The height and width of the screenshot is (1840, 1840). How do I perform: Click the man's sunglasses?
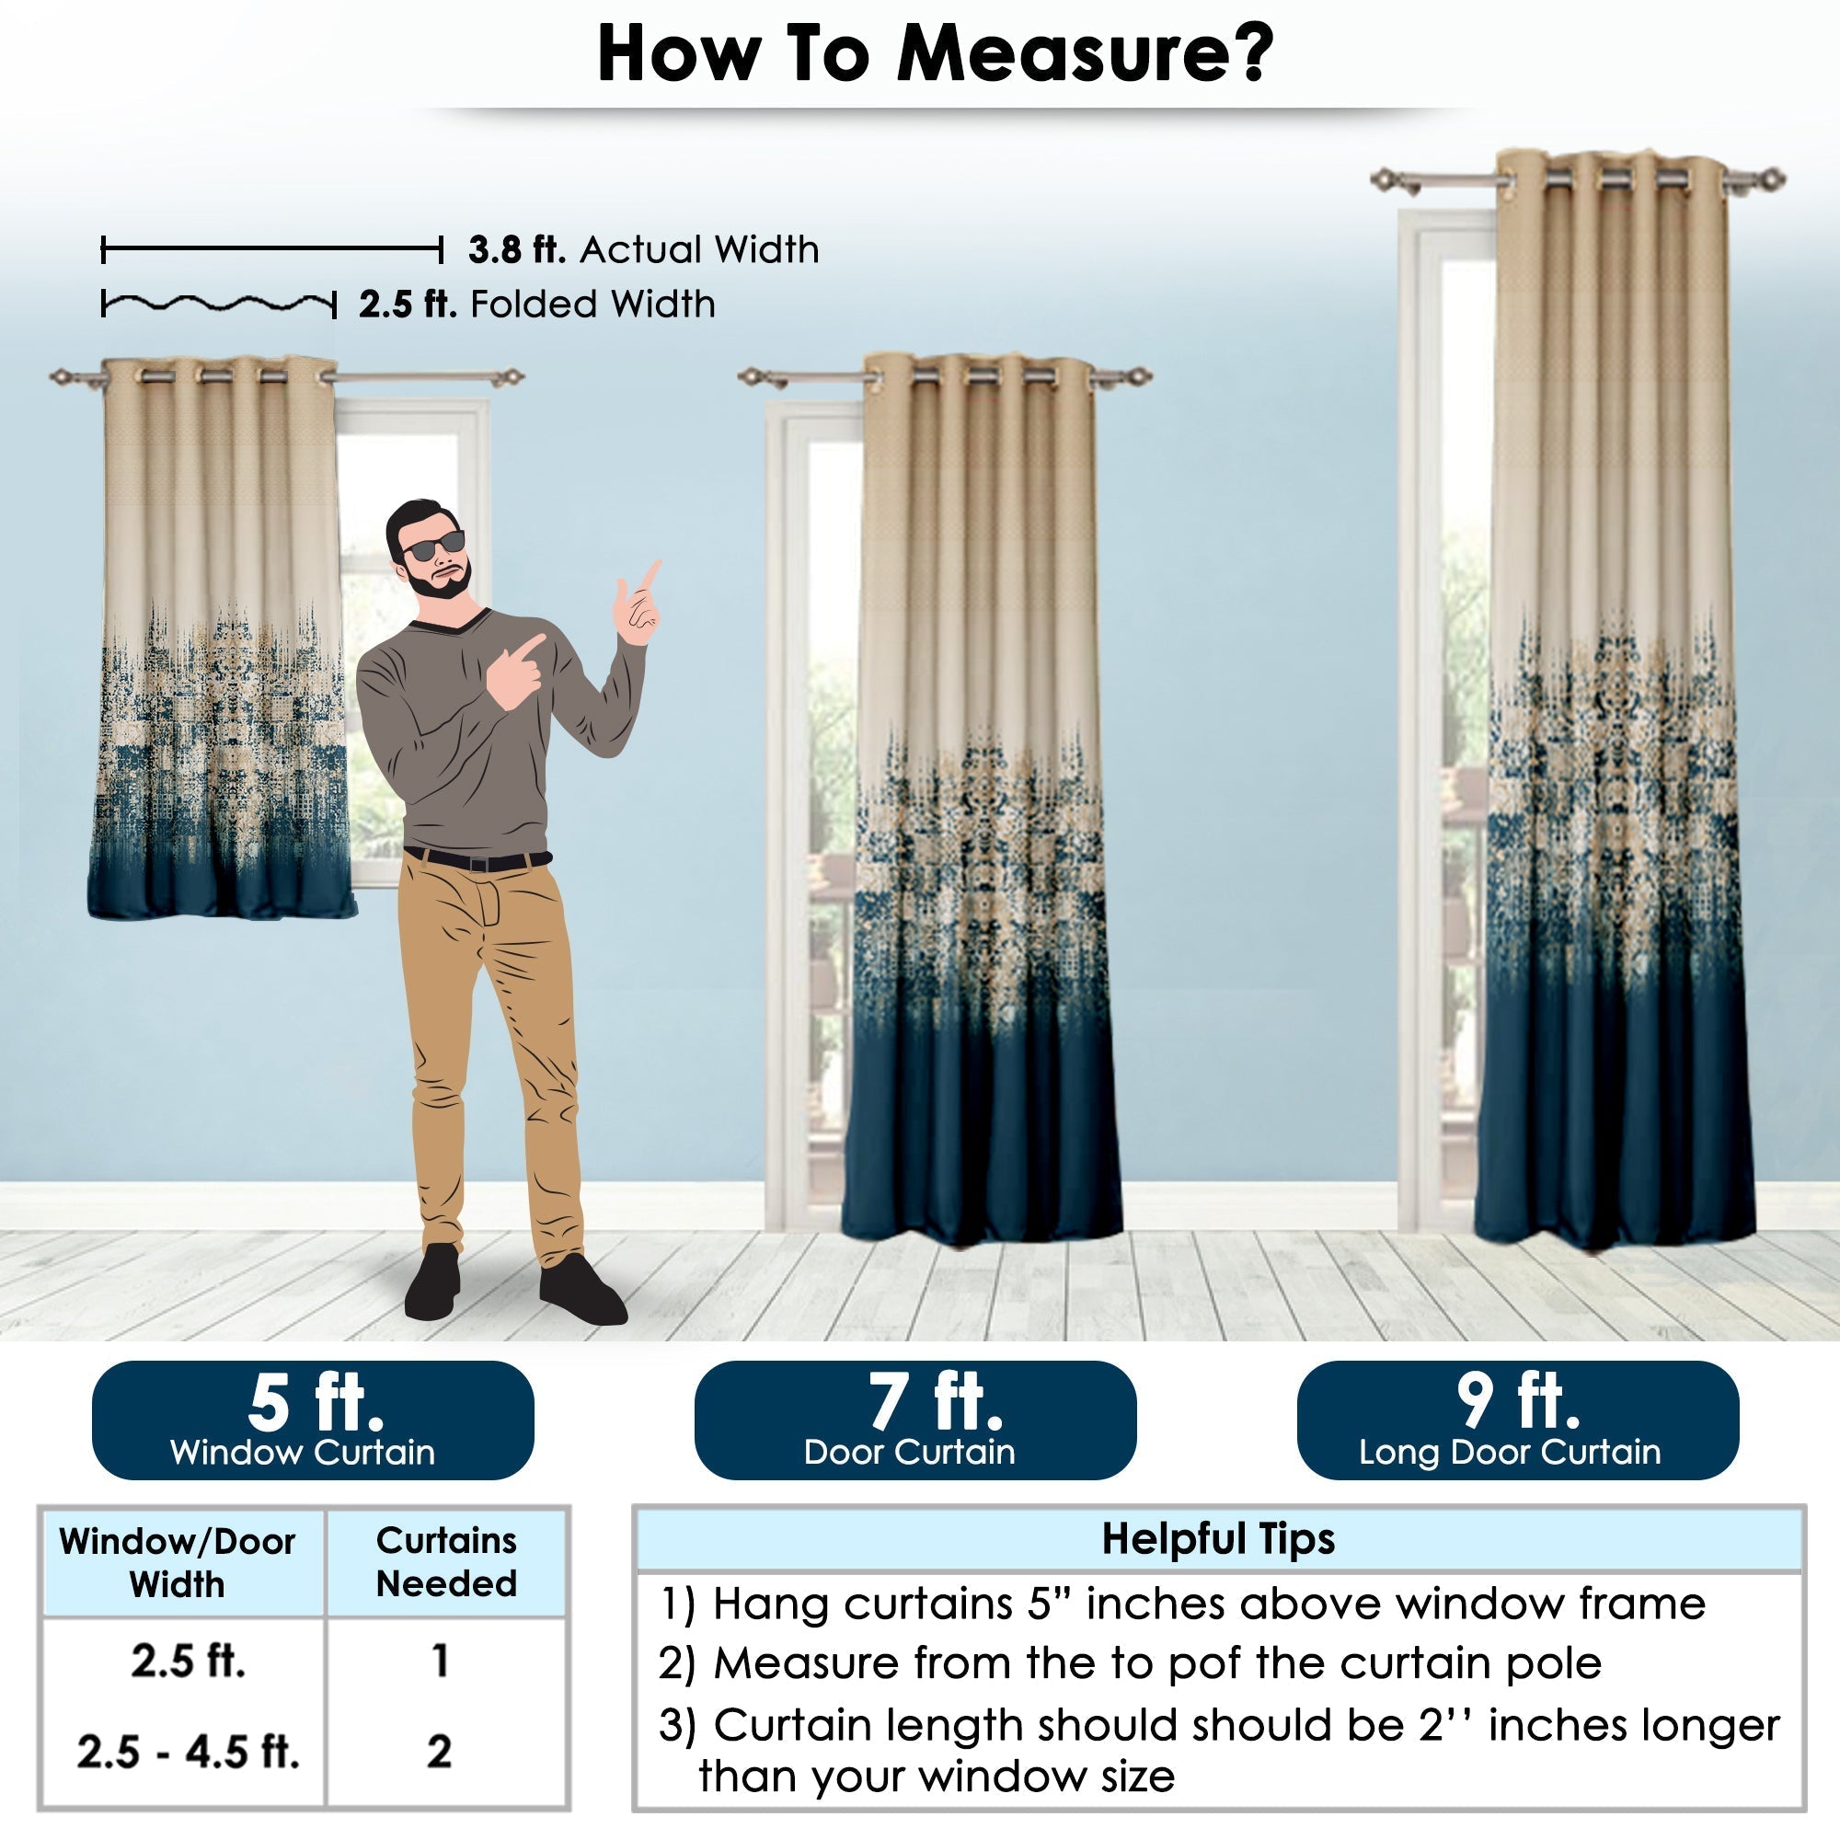point(434,546)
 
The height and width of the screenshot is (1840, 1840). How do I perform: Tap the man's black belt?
point(477,860)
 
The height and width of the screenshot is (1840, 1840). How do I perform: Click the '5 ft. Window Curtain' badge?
point(313,1419)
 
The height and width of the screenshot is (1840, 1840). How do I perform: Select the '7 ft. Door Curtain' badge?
point(914,1419)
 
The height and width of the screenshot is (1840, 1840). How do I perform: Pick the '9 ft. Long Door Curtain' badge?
point(1517,1419)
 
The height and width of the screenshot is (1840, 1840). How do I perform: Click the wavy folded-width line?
point(219,304)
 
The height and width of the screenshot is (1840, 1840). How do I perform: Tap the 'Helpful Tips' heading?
point(1218,1538)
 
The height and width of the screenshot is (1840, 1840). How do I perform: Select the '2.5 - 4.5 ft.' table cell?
point(188,1752)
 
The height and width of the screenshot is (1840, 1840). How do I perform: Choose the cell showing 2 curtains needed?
point(439,1752)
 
